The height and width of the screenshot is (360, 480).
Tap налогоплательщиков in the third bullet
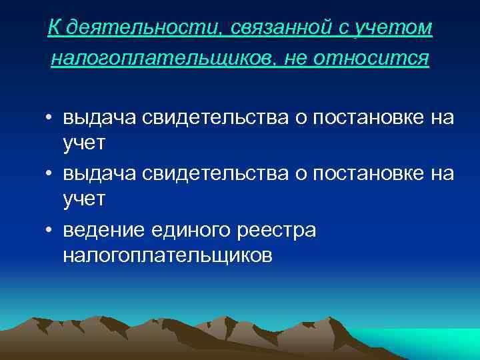167,255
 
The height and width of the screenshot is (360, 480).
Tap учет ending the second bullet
83,199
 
